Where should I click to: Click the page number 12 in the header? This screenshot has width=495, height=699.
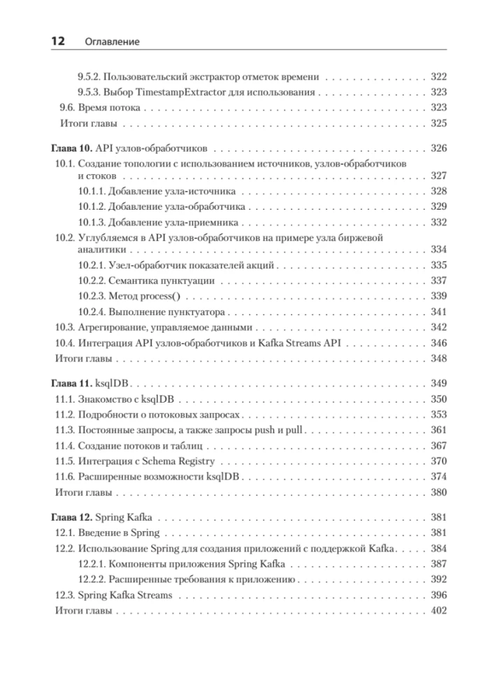tap(57, 42)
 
